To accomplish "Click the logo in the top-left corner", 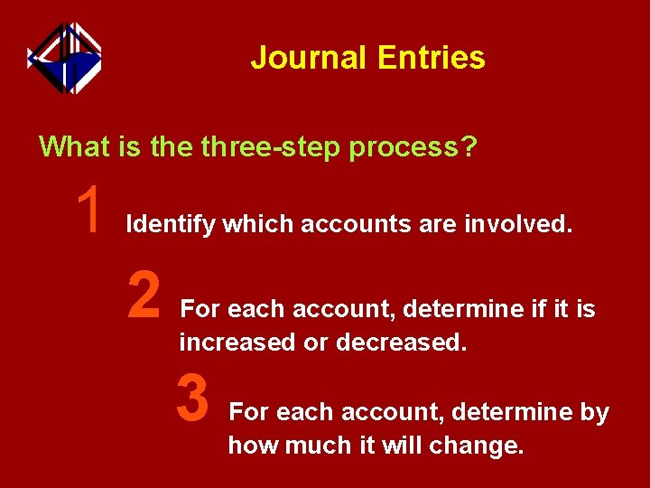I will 64,57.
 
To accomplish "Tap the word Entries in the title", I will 432,58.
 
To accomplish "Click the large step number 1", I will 89,208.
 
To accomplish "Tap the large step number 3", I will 193,399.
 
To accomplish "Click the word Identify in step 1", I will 171,224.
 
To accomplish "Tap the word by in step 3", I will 594,413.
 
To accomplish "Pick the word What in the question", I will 74,145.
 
